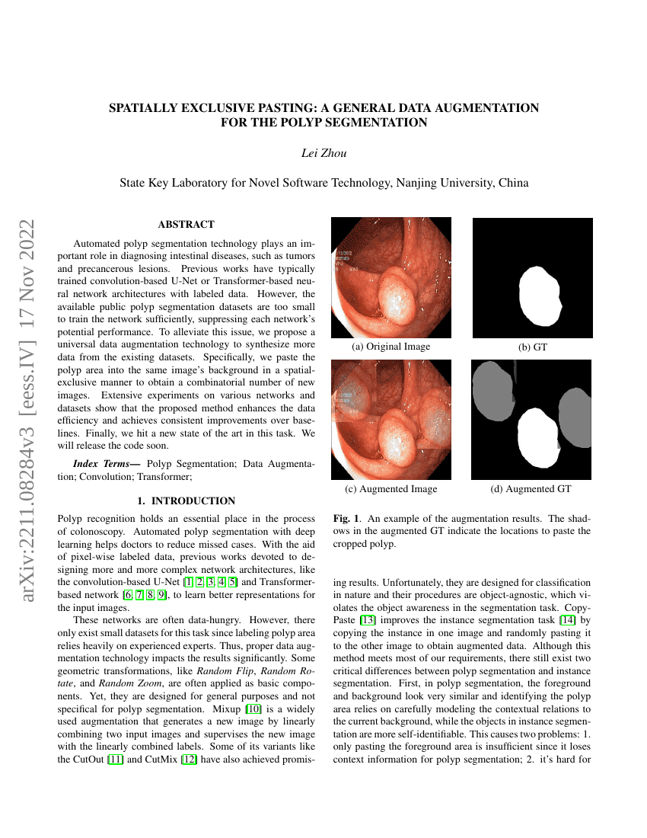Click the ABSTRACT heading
point(186,225)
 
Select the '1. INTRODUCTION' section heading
point(186,501)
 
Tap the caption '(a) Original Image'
point(390,347)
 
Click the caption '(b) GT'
point(533,347)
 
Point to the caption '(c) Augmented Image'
point(390,488)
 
